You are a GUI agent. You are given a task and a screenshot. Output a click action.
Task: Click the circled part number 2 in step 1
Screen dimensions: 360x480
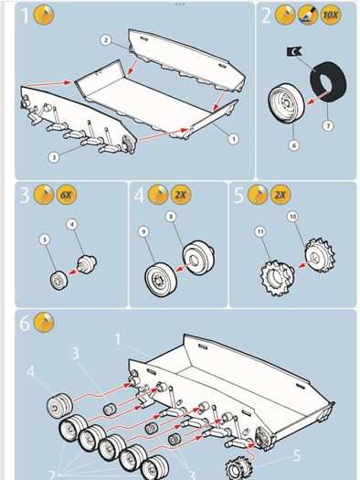pyautogui.click(x=105, y=40)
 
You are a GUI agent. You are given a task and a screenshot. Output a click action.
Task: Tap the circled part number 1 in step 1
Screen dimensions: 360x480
pyautogui.click(x=233, y=139)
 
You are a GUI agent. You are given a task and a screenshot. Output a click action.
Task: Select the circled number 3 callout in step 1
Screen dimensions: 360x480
pyautogui.click(x=54, y=157)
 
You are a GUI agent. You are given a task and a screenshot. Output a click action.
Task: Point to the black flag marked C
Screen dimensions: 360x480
pyautogui.click(x=294, y=51)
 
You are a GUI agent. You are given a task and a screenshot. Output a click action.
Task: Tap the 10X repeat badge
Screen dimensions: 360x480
pyautogui.click(x=331, y=15)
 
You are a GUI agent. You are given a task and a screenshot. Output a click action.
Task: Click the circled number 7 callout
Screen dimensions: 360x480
pyautogui.click(x=328, y=125)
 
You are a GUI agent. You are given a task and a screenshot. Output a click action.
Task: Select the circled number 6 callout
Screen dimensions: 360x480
pyautogui.click(x=294, y=145)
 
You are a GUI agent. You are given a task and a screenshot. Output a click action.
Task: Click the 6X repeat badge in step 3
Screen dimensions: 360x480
pyautogui.click(x=66, y=195)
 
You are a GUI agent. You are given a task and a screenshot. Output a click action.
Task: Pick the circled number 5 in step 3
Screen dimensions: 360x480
pyautogui.click(x=45, y=240)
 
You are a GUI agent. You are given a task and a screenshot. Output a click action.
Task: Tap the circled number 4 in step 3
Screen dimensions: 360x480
pyautogui.click(x=72, y=224)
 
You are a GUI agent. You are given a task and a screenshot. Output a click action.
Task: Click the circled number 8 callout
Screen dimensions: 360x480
pyautogui.click(x=171, y=217)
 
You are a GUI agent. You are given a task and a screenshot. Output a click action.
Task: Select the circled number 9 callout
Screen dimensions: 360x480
pyautogui.click(x=143, y=231)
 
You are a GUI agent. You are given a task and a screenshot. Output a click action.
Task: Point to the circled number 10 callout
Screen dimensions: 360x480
pyautogui.click(x=292, y=217)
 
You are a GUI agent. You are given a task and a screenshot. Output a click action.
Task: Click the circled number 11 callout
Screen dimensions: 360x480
pyautogui.click(x=260, y=231)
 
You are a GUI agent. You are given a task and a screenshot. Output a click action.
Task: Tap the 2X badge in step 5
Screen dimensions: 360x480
pyautogui.click(x=281, y=195)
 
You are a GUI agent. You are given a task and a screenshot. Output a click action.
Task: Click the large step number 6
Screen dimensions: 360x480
pyautogui.click(x=25, y=323)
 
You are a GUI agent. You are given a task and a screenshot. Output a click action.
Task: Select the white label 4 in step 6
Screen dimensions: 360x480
pyautogui.click(x=30, y=372)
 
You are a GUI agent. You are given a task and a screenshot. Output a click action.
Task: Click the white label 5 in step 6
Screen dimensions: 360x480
pyautogui.click(x=297, y=455)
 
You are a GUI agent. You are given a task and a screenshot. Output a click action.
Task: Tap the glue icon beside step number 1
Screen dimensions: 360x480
pyautogui.click(x=44, y=15)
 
